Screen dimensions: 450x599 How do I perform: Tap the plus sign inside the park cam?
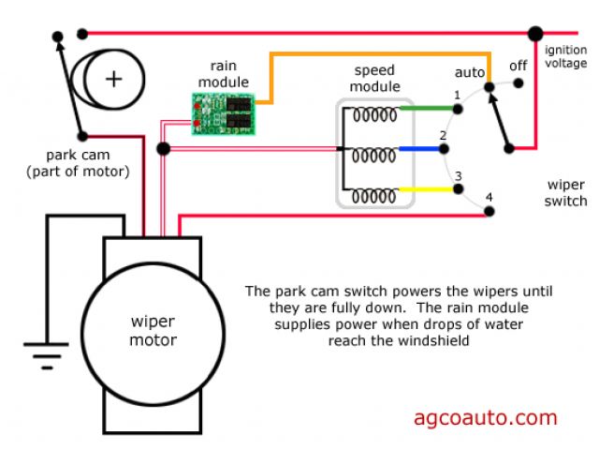pos(113,79)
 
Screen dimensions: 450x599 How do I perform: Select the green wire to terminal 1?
pos(426,108)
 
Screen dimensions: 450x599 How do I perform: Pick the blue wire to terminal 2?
pos(426,148)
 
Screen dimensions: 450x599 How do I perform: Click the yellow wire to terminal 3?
pos(426,188)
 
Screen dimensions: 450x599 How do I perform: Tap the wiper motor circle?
pos(152,330)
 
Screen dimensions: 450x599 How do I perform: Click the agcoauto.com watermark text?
pos(485,418)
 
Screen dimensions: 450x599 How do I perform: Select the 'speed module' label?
pos(373,79)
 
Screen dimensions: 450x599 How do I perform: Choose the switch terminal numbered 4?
pos(489,212)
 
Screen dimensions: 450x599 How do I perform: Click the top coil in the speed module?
pos(374,115)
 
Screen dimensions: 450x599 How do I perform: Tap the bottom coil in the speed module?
pos(374,196)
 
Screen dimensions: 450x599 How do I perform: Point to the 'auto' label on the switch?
pos(470,71)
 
